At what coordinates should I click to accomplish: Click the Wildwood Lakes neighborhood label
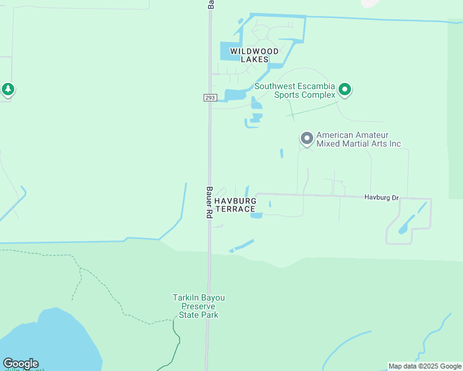coord(249,55)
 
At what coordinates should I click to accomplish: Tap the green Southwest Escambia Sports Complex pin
coord(345,90)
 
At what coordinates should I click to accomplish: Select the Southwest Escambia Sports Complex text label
coord(295,90)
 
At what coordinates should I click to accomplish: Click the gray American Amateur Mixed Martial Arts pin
coord(306,139)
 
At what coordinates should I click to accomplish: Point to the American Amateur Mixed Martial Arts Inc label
coord(358,139)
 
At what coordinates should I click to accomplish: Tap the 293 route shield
coord(209,98)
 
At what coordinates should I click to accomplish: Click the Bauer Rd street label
coord(209,202)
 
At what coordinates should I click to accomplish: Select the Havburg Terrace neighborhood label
coord(235,205)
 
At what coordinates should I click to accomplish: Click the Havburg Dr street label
coord(381,197)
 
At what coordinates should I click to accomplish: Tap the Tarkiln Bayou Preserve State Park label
coord(198,306)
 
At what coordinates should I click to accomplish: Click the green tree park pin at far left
coord(7,90)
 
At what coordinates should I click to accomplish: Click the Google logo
coord(20,364)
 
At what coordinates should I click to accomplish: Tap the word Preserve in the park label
coord(198,306)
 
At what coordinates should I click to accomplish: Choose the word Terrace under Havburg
coord(235,209)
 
